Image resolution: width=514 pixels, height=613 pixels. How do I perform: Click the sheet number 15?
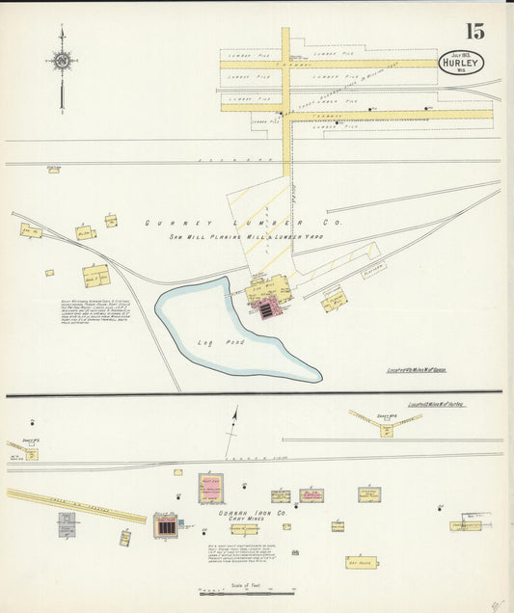(x=473, y=31)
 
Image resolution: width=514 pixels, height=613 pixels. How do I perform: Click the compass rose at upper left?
(x=62, y=62)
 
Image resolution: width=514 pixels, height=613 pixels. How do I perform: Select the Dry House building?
(x=362, y=561)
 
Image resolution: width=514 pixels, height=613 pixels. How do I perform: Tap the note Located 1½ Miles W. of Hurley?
(x=436, y=404)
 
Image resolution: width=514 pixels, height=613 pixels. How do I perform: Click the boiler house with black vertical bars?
(x=166, y=526)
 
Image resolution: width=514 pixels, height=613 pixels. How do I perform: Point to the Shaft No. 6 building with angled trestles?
(x=386, y=425)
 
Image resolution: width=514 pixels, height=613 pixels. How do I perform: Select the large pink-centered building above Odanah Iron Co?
(x=211, y=486)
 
